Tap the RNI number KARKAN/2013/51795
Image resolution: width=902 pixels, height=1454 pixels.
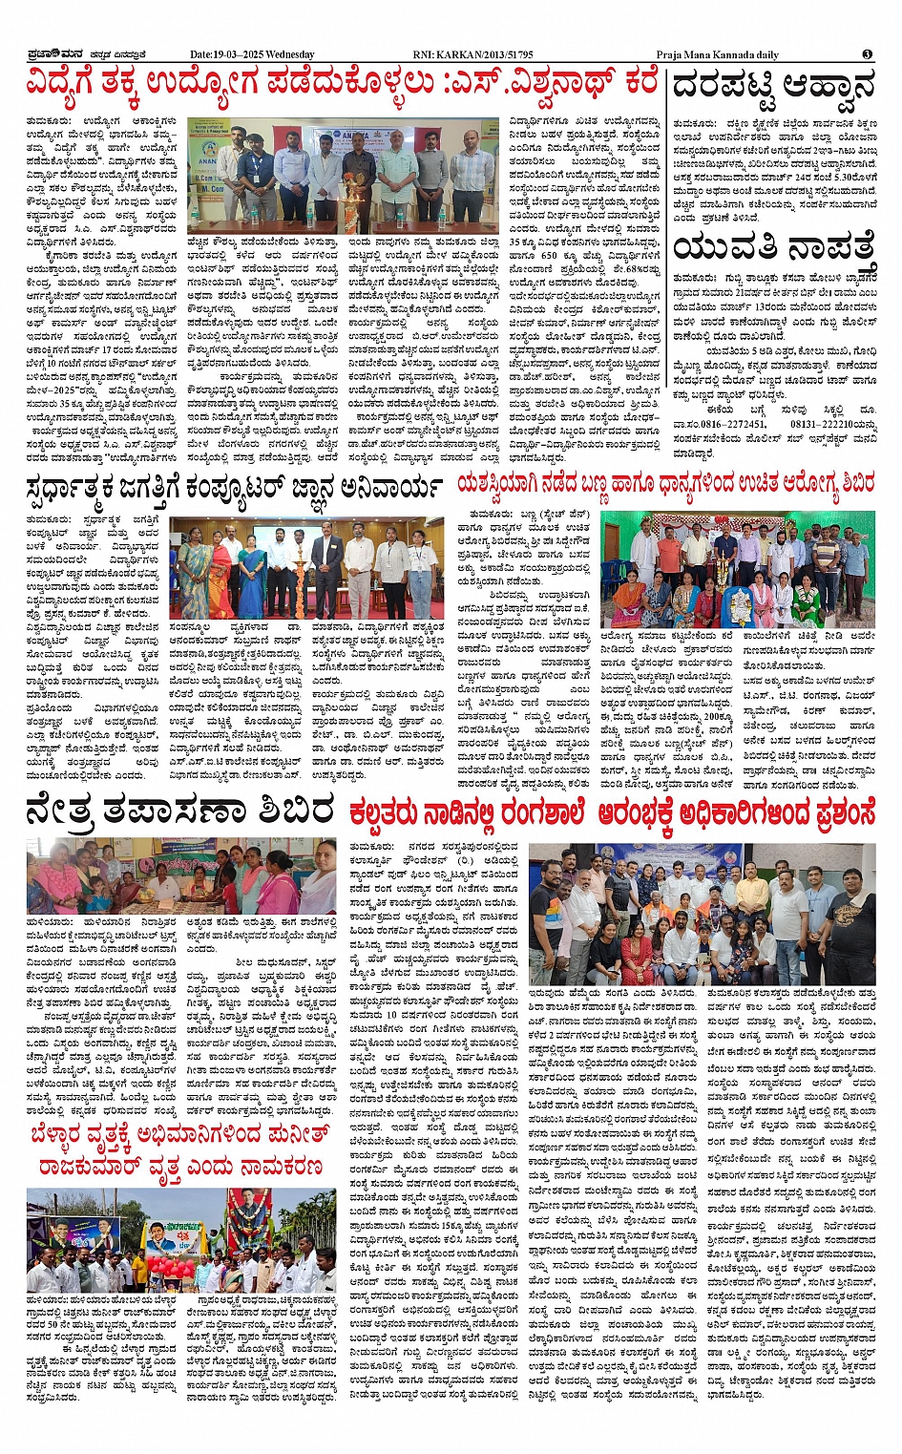(x=473, y=54)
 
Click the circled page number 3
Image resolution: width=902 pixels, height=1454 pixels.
(x=868, y=54)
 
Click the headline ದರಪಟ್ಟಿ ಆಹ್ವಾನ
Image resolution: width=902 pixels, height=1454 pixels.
(x=772, y=87)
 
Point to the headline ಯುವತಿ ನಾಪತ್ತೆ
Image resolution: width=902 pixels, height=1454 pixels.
(x=772, y=250)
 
